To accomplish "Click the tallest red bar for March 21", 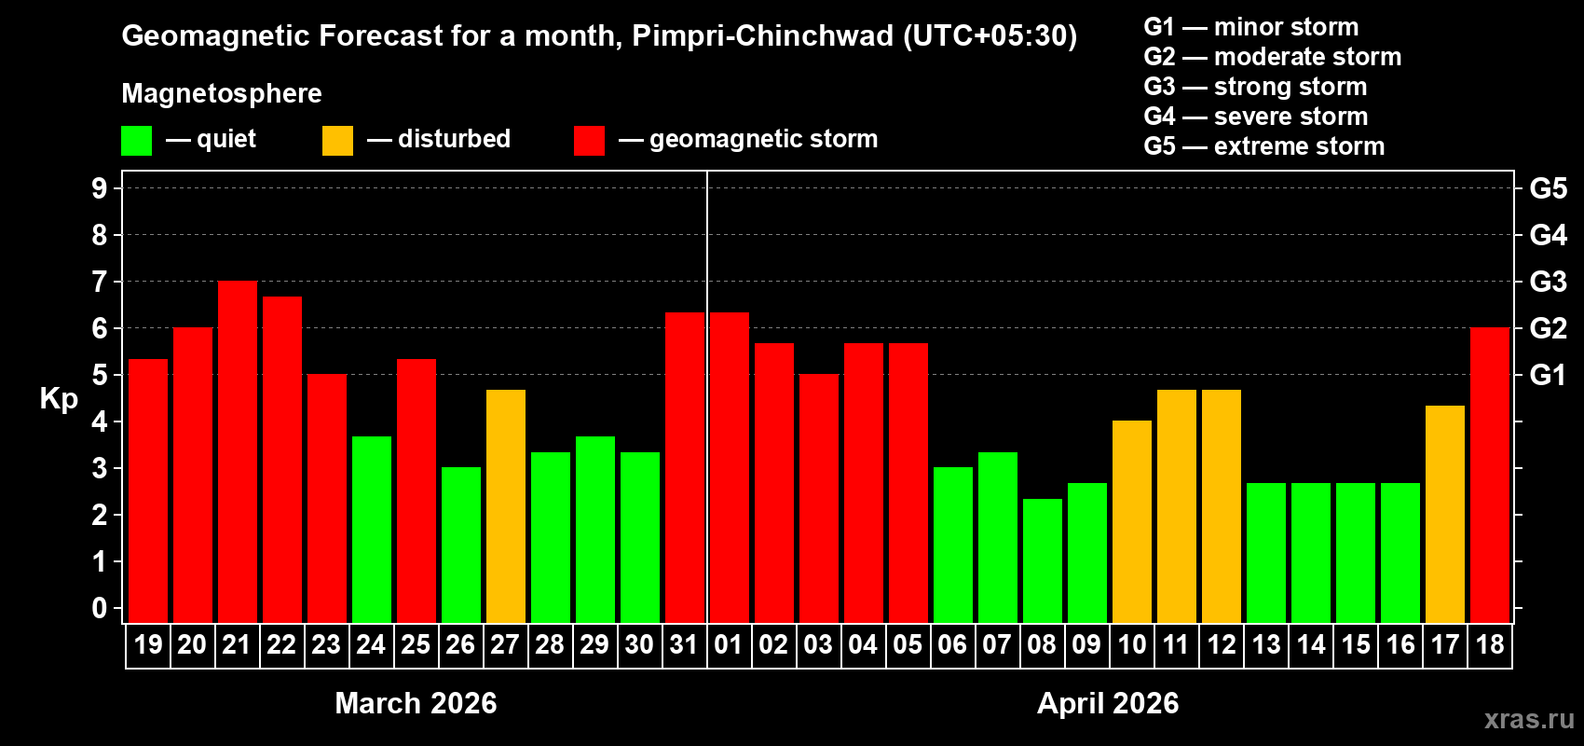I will tap(238, 452).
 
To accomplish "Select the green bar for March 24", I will tap(372, 530).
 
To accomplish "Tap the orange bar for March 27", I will tap(506, 506).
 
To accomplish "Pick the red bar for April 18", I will tap(1490, 476).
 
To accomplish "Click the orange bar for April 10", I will tap(1132, 522).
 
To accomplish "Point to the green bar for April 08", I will tap(1043, 560).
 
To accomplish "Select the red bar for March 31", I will tap(685, 467).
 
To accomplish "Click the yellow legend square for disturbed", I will tap(337, 141).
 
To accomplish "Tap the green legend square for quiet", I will tap(136, 141).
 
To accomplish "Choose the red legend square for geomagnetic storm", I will tap(589, 141).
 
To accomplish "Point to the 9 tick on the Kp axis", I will tap(100, 188).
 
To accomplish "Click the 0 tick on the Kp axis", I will tap(100, 609).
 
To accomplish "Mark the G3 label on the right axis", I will tap(1548, 282).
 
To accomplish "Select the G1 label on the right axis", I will tap(1548, 375).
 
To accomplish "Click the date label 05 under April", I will tap(908, 644).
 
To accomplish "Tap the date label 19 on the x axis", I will tap(148, 644).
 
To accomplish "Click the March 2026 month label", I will tap(416, 703).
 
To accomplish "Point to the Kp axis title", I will tap(59, 399).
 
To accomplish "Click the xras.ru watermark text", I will tap(1529, 719).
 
